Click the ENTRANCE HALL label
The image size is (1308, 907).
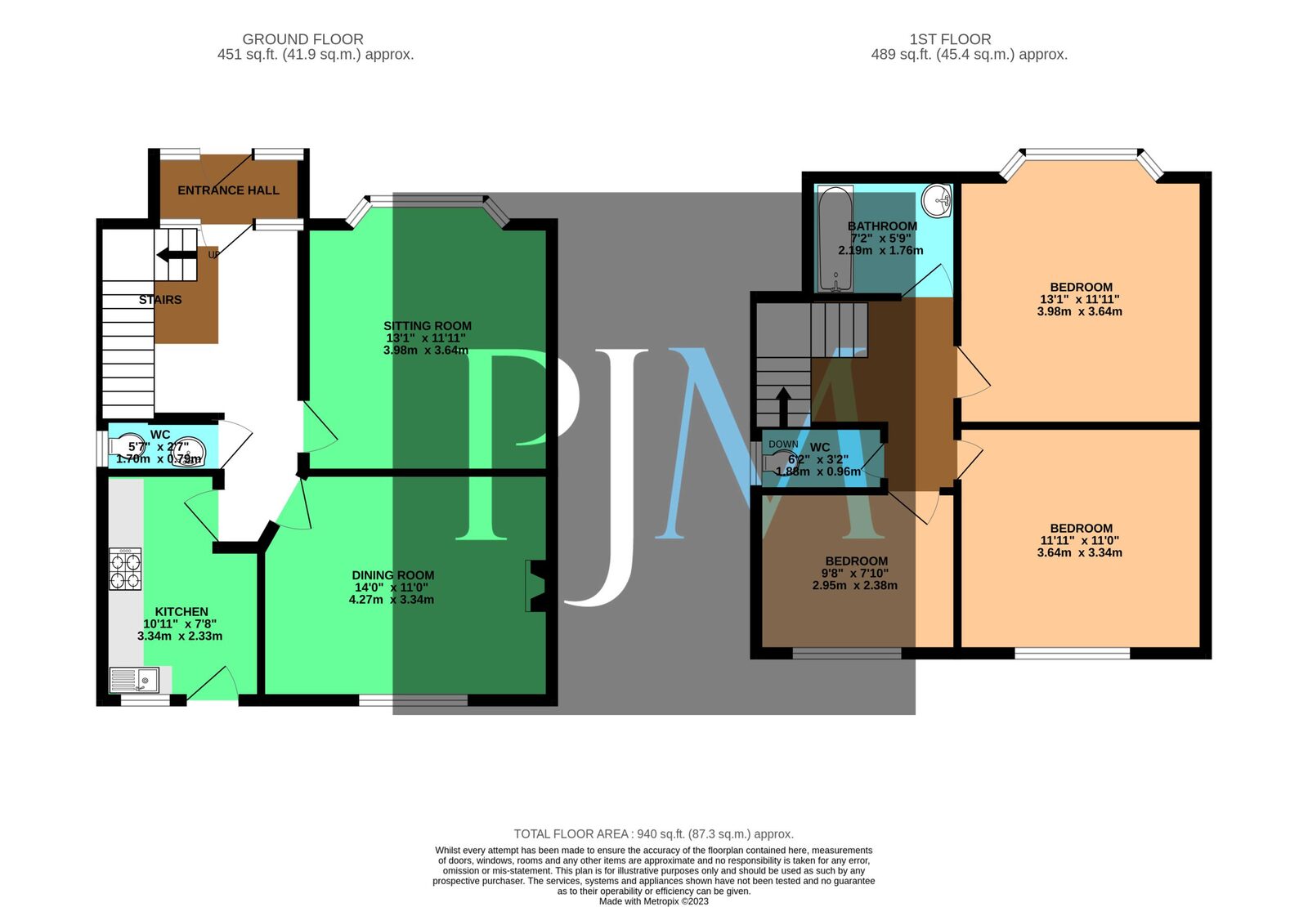pyautogui.click(x=228, y=190)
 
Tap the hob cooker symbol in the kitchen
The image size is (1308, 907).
pyautogui.click(x=125, y=570)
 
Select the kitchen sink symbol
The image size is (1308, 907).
pyautogui.click(x=135, y=680)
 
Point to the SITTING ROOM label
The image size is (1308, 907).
pyautogui.click(x=428, y=326)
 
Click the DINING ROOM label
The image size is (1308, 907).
pyautogui.click(x=392, y=575)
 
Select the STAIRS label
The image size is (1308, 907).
pyautogui.click(x=160, y=300)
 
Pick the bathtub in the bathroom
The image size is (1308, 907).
pyautogui.click(x=835, y=239)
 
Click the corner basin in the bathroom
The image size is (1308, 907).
pyautogui.click(x=937, y=199)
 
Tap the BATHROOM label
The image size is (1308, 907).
pyautogui.click(x=882, y=226)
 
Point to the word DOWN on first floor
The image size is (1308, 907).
pyautogui.click(x=783, y=445)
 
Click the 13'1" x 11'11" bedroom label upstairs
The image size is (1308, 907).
pyautogui.click(x=1081, y=288)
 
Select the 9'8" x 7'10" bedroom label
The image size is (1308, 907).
pyautogui.click(x=856, y=561)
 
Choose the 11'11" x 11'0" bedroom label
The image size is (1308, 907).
pyautogui.click(x=1081, y=529)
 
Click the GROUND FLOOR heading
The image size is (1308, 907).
pyautogui.click(x=302, y=39)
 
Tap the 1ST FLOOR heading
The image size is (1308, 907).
pyautogui.click(x=950, y=39)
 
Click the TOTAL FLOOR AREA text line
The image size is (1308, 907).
pyautogui.click(x=653, y=834)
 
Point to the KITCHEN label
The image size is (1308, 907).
pyautogui.click(x=181, y=612)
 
